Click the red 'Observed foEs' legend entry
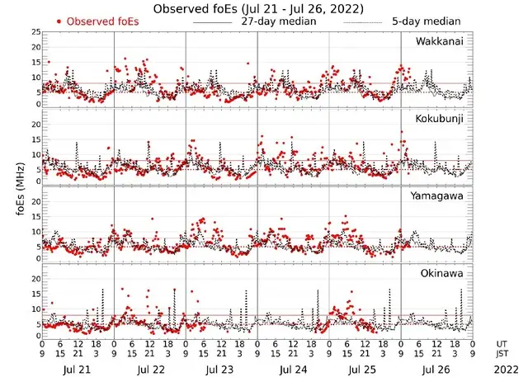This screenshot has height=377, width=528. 94,21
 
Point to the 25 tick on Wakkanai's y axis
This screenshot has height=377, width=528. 35,31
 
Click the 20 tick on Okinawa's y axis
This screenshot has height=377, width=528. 35,280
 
